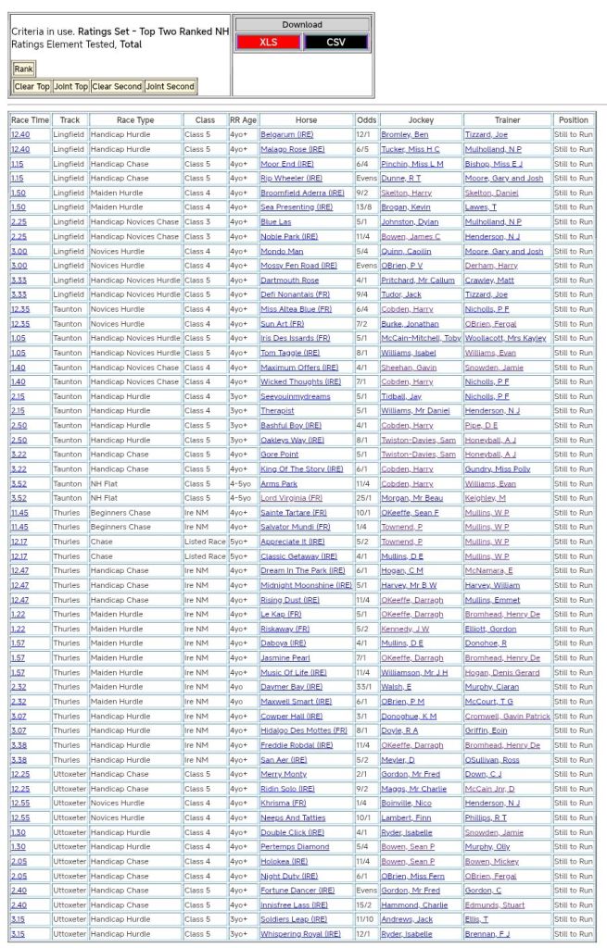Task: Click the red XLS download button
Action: coord(267,42)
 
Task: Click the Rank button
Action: coord(23,69)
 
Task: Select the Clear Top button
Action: coord(32,86)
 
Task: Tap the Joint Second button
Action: coord(170,86)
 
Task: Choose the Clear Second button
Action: coord(117,86)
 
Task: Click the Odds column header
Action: coord(366,120)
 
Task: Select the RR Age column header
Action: coord(243,120)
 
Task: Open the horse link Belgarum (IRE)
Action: coord(287,135)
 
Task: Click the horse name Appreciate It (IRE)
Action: coord(293,542)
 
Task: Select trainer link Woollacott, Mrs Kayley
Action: coord(505,338)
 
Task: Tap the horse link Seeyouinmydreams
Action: coord(296,396)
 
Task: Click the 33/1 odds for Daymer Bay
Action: coord(366,687)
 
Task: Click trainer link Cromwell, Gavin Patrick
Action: coord(507,716)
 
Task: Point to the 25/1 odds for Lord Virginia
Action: coord(366,498)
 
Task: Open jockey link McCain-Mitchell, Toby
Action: coord(421,338)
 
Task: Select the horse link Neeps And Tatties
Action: coord(293,817)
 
